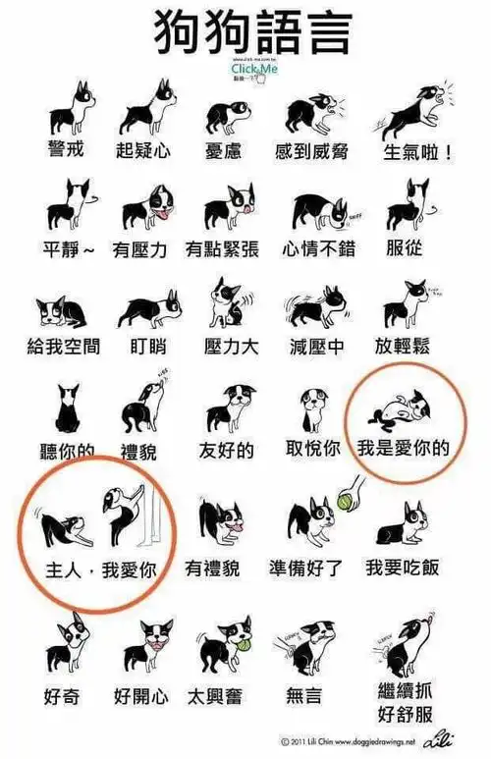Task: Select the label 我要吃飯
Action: coord(402,568)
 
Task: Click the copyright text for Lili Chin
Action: coord(348,741)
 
